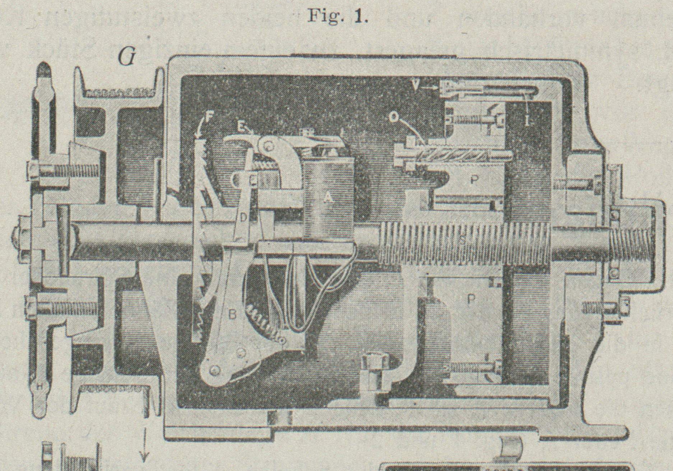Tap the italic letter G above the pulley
pyautogui.click(x=126, y=57)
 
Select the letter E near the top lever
pyautogui.click(x=240, y=128)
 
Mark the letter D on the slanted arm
pyautogui.click(x=244, y=217)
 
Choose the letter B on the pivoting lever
pyautogui.click(x=233, y=315)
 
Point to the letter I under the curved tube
pyautogui.click(x=527, y=121)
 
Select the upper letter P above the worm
pyautogui.click(x=473, y=179)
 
